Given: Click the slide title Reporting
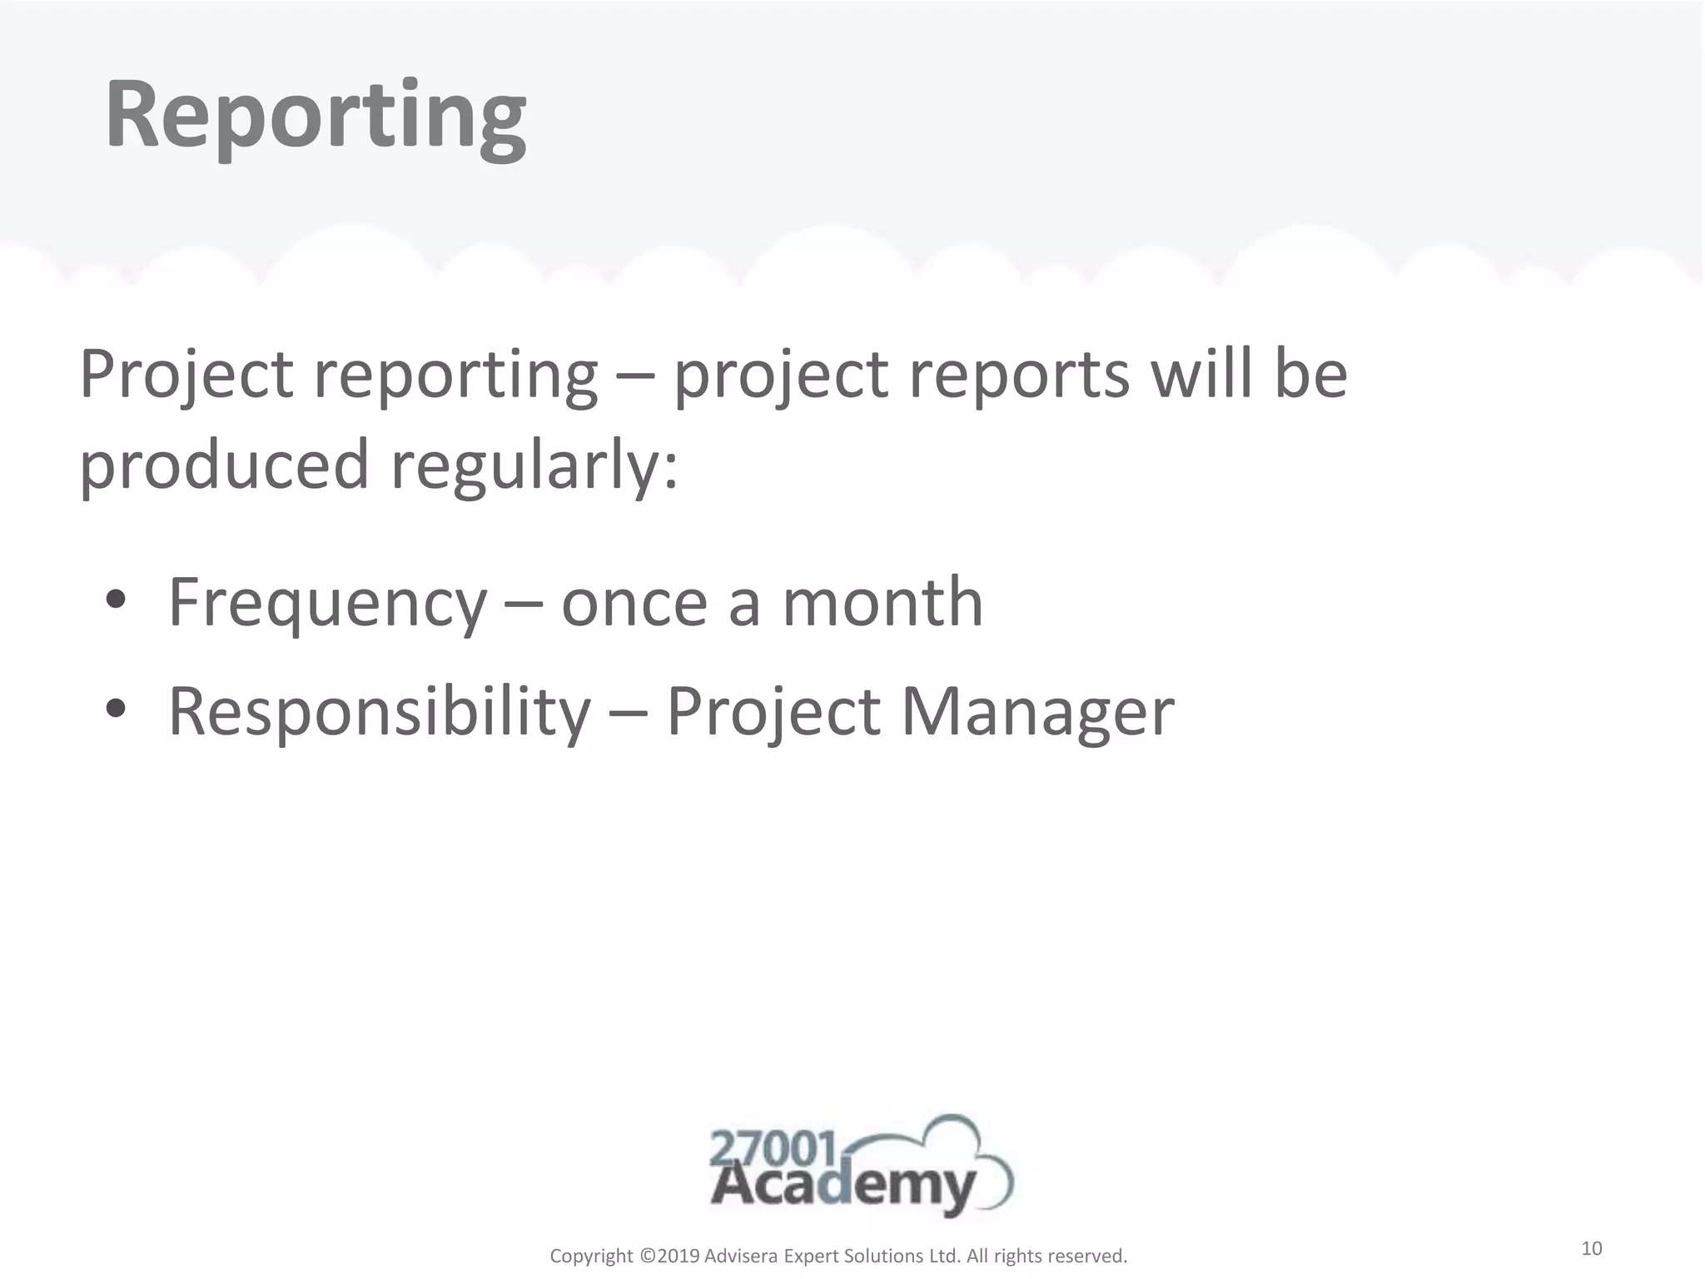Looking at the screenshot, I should pos(315,117).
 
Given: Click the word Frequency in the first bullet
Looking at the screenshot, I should pos(327,604).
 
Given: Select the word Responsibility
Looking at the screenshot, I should pos(379,712).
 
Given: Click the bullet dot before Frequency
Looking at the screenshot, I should pos(116,601).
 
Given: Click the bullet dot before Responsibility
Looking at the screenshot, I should pos(116,710).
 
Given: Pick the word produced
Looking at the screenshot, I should pos(223,465).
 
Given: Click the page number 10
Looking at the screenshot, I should pos(1591,1248).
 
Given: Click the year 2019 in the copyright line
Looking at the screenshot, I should pos(679,1256).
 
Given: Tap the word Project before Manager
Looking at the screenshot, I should pos(773,714).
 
